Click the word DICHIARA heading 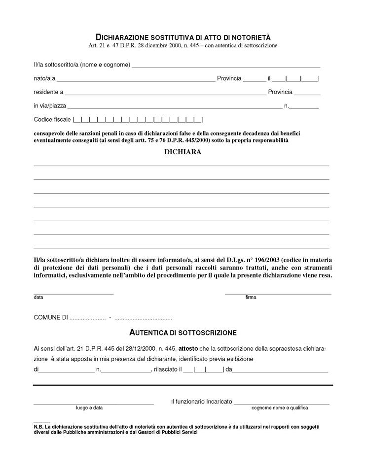[x=183, y=152]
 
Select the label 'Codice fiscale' [x=52, y=120]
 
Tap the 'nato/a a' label [x=44, y=78]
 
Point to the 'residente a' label [x=48, y=92]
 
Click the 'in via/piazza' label [x=50, y=106]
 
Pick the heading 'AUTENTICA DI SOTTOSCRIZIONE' [x=183, y=333]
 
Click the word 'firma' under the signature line [x=251, y=298]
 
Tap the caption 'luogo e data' [x=89, y=408]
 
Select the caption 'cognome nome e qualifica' [x=280, y=408]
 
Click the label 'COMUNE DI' [x=50, y=317]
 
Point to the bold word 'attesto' [x=188, y=347]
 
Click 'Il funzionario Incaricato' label [x=201, y=402]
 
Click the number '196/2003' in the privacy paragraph [x=258, y=260]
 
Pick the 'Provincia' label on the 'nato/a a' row [x=229, y=78]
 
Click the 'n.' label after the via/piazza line [x=286, y=106]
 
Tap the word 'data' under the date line [x=38, y=298]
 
